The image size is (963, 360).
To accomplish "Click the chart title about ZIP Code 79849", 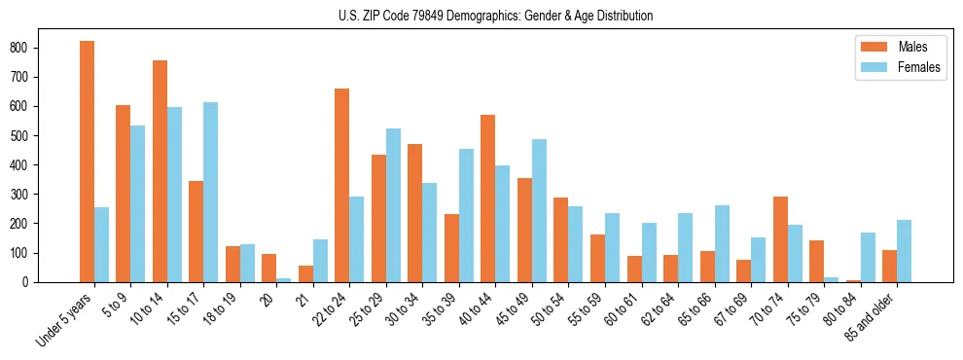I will click(481, 16).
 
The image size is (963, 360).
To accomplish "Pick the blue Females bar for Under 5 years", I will click(101, 244).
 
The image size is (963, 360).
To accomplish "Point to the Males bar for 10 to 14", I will click(160, 171).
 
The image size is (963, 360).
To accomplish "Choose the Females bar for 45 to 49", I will click(539, 210).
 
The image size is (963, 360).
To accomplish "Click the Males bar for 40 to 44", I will click(488, 198).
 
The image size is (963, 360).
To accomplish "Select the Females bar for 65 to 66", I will click(722, 243).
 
